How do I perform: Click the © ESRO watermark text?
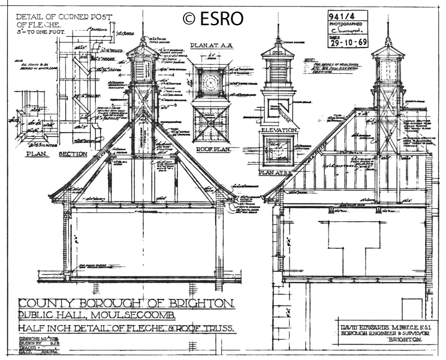(213, 19)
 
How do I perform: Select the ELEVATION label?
(279, 130)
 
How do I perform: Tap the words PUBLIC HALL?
(52, 316)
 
